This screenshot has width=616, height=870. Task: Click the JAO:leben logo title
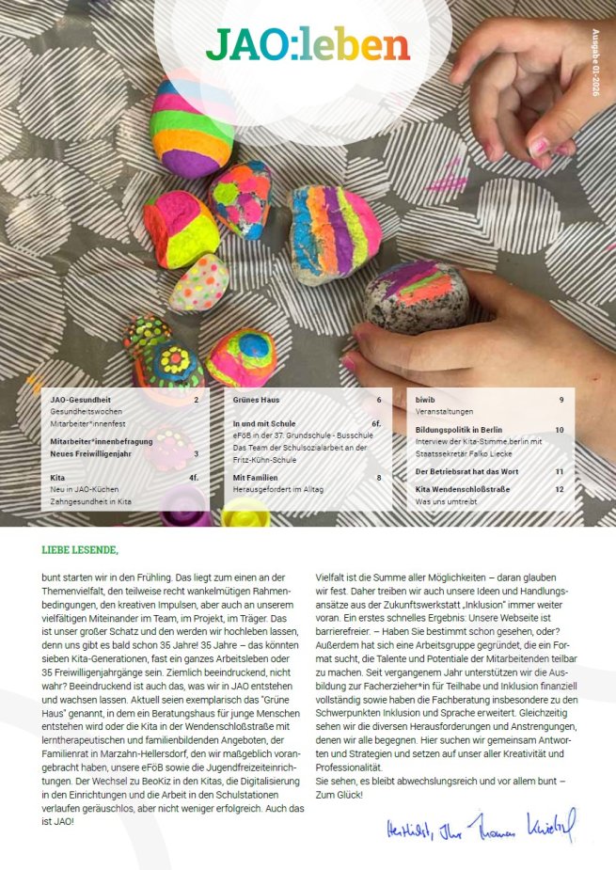point(308,44)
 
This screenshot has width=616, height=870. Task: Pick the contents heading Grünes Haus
point(257,400)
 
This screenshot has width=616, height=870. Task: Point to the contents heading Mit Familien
point(255,478)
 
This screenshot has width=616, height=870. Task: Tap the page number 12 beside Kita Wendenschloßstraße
point(560,489)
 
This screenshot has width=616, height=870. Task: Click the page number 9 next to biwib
point(561,400)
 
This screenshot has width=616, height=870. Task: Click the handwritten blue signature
point(480,828)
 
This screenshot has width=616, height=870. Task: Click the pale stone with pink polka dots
point(198,282)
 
